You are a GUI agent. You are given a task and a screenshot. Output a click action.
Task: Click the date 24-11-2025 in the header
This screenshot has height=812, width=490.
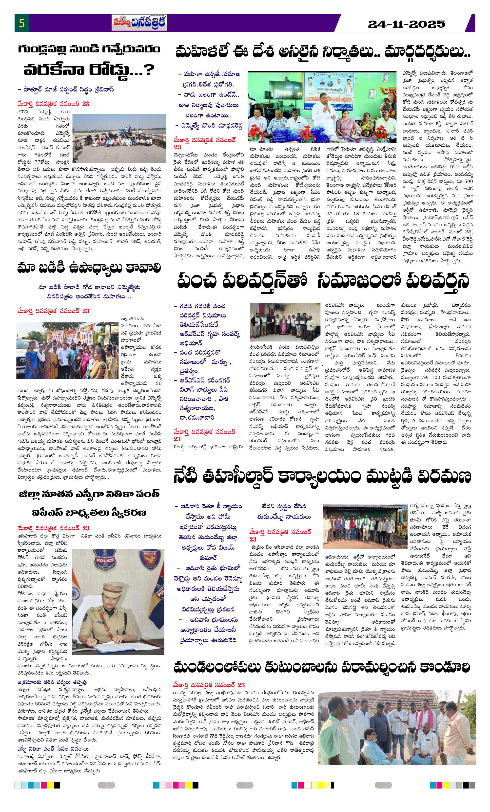click(406, 24)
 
